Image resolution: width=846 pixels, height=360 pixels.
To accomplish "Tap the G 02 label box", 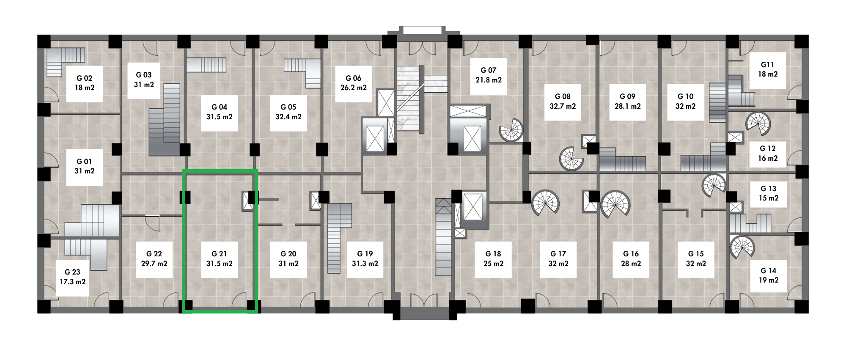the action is (85, 83).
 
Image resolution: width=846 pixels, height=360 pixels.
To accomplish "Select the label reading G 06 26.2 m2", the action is (354, 83).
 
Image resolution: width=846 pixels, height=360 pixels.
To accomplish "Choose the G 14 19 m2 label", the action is (769, 275).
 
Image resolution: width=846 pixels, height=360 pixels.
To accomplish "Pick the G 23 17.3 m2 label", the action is (73, 277).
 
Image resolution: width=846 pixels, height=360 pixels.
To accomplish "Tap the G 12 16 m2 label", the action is (768, 154).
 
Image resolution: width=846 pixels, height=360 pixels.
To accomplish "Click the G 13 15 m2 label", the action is (769, 194).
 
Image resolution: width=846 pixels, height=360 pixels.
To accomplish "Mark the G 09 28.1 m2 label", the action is (627, 102).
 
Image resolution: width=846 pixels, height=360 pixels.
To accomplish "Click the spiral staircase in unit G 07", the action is (511, 129).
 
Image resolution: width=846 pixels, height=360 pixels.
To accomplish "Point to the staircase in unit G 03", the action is (165, 119).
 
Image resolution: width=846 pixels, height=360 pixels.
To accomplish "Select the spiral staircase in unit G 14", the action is (742, 247).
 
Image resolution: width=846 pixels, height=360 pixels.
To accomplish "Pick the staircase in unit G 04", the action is (206, 65).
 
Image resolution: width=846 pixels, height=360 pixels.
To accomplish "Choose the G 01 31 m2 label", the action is (85, 167).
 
